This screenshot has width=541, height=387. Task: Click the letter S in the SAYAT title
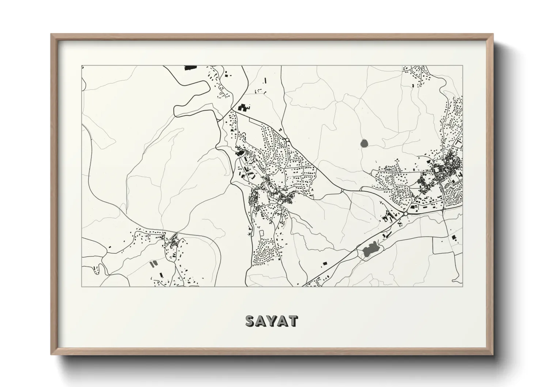pos(251,321)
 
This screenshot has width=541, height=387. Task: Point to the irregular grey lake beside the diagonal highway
pos(370,250)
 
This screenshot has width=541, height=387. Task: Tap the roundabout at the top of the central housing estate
pos(288,140)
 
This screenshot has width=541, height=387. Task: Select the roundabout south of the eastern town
pos(405,214)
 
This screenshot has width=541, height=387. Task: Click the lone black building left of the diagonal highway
pos(325,263)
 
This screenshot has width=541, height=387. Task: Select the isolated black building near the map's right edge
pos(454,237)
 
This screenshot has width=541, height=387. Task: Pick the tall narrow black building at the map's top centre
pos(265,80)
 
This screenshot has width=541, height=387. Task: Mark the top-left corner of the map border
pos(82,66)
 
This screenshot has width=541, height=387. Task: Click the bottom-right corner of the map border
pos(463,286)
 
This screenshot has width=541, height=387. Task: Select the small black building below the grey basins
pos(161,274)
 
